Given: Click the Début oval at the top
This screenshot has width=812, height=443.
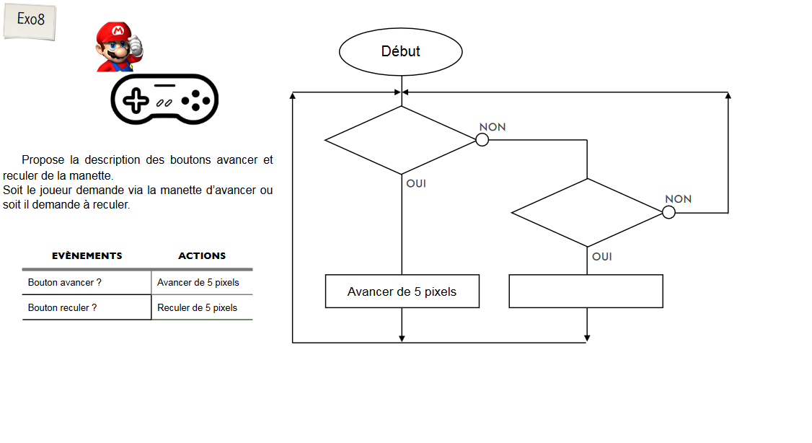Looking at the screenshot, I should (x=400, y=52).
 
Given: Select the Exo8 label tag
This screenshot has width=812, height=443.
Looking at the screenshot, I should (x=30, y=20).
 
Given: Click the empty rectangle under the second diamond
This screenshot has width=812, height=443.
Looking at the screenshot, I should (x=586, y=291).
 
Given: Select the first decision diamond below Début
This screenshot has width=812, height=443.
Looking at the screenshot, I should (x=401, y=140).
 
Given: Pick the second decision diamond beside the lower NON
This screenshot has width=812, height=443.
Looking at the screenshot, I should (x=586, y=213).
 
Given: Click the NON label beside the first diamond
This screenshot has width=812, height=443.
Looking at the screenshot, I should (x=493, y=127).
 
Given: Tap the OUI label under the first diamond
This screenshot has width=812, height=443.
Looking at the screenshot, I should (x=416, y=183).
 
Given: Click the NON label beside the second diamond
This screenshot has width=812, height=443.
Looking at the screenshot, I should (x=678, y=199).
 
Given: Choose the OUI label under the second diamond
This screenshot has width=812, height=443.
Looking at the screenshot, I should (x=602, y=256).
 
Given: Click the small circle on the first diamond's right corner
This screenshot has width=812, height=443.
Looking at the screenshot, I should (x=482, y=140).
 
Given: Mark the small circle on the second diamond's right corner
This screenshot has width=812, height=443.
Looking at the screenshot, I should (x=668, y=213).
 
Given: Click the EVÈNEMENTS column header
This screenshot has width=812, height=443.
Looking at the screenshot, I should (x=87, y=255).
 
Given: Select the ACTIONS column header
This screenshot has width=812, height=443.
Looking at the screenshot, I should (x=202, y=255).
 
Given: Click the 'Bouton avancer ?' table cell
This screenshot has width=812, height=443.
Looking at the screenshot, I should (x=87, y=283).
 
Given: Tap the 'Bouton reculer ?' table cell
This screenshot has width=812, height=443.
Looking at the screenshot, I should (x=87, y=307).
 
